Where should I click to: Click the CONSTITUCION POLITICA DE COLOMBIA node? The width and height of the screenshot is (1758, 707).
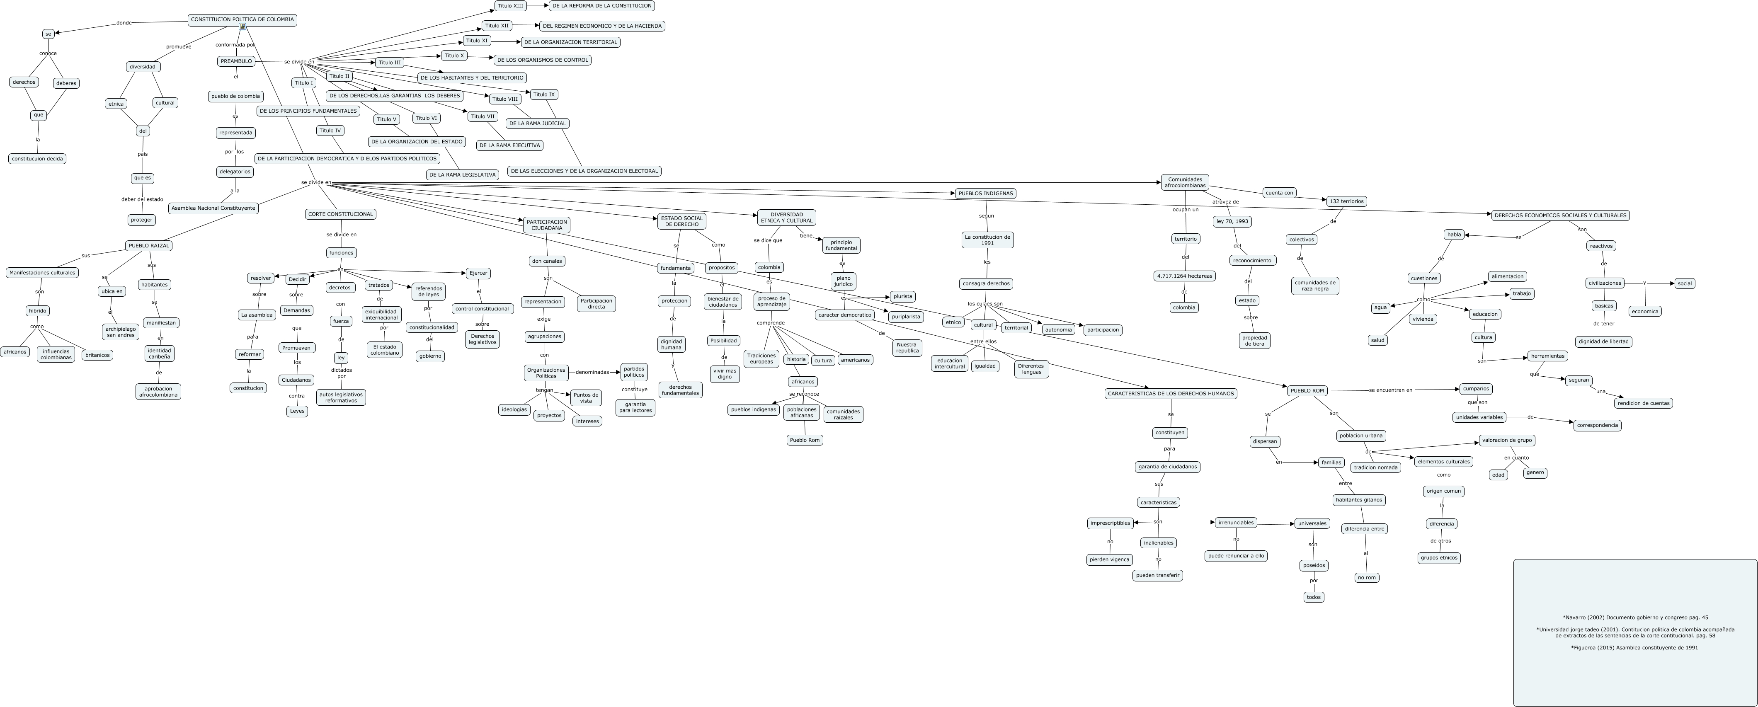tap(242, 20)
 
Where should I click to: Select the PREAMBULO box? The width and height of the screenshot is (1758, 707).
tap(236, 61)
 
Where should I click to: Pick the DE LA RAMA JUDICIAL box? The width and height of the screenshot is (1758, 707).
tap(537, 123)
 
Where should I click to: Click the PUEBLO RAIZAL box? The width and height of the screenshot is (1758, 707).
tap(149, 246)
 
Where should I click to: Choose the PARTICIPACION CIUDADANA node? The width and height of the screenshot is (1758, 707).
tap(547, 225)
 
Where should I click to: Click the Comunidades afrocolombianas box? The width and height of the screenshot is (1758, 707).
tap(1185, 183)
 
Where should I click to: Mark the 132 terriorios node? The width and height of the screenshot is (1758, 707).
tap(1346, 201)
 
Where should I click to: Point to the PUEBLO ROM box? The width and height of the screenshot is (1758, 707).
tap(1307, 391)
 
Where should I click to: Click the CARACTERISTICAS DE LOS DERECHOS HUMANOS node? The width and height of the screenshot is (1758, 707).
tap(1170, 394)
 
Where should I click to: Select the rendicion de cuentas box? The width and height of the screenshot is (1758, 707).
tap(1643, 403)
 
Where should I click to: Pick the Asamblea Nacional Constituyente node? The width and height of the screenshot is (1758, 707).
tap(213, 208)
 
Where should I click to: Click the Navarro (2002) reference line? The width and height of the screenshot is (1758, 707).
tap(1634, 617)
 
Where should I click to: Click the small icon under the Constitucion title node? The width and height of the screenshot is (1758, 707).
tap(242, 27)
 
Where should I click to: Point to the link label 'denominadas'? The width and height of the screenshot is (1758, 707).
tap(592, 373)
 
